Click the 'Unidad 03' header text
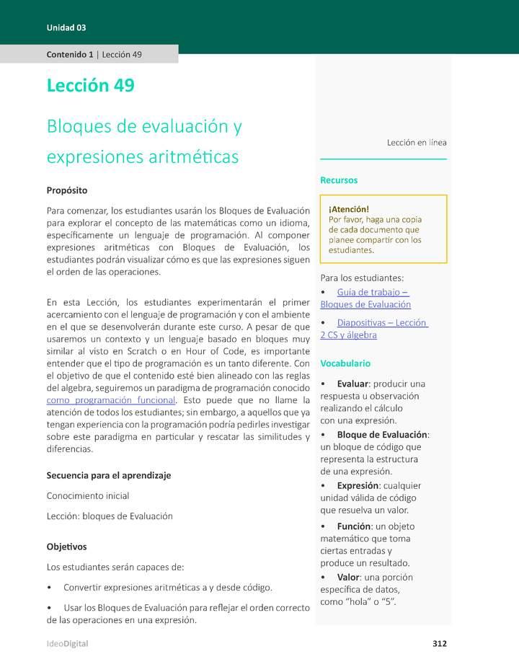(66, 27)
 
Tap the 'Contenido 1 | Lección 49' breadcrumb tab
(94, 54)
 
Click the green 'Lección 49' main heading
(90, 85)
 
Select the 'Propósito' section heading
(67, 190)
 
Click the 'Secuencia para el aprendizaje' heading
(109, 475)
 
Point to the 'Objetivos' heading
(66, 547)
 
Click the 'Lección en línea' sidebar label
(417, 143)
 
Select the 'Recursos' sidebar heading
(339, 180)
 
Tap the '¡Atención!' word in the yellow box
(348, 209)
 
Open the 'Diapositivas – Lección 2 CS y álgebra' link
(373, 329)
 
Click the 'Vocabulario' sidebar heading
(345, 363)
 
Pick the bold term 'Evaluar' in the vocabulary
(352, 384)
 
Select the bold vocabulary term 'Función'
(354, 526)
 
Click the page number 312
(440, 643)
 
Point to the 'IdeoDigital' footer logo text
(68, 643)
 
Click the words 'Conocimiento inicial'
(88, 496)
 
